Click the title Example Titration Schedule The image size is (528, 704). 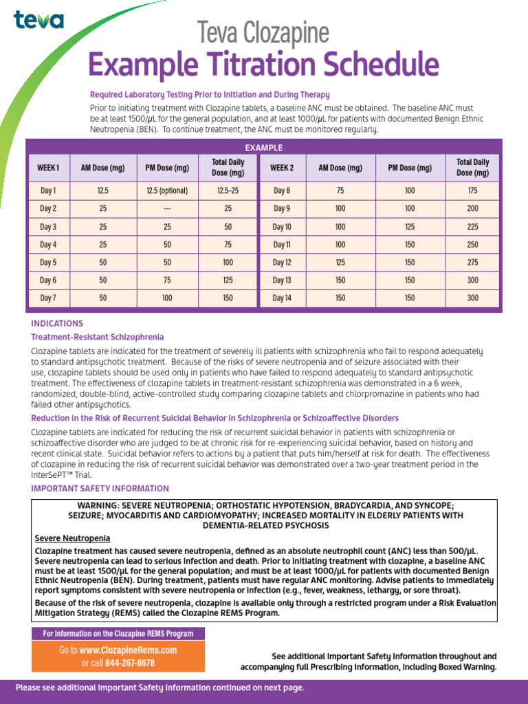263,65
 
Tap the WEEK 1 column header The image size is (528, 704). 48,168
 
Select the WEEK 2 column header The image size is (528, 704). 282,168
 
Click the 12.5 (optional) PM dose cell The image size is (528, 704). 167,190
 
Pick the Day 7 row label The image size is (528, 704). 48,298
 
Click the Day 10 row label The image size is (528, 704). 282,226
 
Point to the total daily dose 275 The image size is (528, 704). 472,262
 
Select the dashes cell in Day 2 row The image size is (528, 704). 167,208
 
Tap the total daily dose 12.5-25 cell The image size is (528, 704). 228,190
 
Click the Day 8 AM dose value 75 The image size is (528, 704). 340,190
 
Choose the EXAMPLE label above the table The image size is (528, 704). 264,148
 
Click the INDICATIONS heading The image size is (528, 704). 57,323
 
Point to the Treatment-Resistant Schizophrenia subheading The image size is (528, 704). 98,337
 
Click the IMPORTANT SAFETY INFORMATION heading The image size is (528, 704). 100,489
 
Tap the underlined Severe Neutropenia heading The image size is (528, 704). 72,538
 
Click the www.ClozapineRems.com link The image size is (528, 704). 128,650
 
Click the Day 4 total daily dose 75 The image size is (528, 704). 228,244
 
